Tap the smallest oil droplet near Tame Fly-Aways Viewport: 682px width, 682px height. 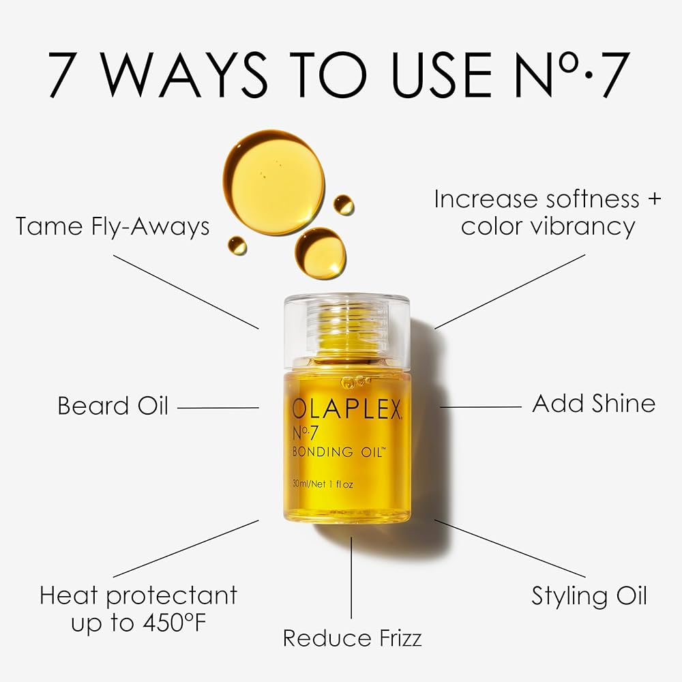(237, 244)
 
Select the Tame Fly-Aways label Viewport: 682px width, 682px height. (113, 226)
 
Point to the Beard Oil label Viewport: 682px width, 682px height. (113, 406)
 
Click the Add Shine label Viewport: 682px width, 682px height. (593, 403)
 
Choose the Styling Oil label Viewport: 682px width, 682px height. (589, 595)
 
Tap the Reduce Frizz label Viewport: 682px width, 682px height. (352, 638)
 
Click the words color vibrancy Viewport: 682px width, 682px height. (548, 226)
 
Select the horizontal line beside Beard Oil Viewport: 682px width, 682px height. (218, 407)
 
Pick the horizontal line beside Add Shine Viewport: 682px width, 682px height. (481, 407)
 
